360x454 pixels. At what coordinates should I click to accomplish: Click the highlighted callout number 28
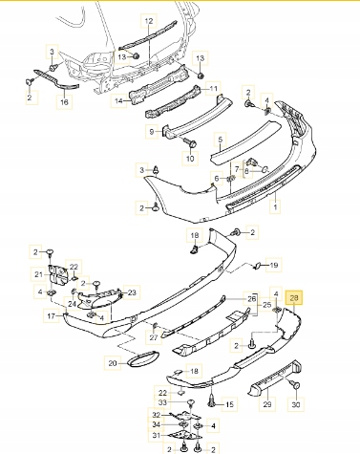point(294,298)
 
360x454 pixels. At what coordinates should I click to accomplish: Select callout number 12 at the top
point(149,21)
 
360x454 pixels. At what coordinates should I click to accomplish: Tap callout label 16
point(64,101)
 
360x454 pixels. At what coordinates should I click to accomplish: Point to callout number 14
point(118,101)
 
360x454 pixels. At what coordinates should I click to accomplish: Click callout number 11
point(213,88)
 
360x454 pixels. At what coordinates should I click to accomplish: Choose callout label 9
point(152,131)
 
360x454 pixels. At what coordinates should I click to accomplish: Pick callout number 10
point(190,159)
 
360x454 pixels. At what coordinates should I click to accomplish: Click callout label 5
point(221,140)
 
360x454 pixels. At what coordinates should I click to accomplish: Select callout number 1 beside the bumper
point(275,207)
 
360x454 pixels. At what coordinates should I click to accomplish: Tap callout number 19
point(274,265)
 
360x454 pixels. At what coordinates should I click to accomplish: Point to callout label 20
point(113,363)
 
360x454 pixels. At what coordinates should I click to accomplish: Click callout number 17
point(52,316)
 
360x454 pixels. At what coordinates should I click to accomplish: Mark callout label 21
point(38,274)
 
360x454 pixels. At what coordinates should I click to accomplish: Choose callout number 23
point(132,292)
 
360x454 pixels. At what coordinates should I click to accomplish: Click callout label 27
point(154,337)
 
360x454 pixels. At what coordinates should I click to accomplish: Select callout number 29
point(267,404)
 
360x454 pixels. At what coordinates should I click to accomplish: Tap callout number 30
point(296,404)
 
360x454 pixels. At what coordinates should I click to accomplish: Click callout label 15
point(229,404)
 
